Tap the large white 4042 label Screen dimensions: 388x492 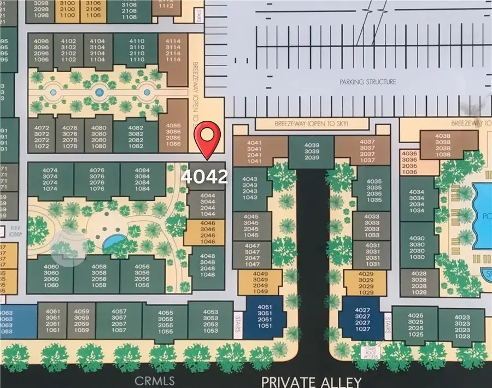(x=204, y=177)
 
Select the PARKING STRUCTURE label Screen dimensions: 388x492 (x=368, y=82)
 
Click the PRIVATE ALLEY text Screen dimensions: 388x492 (x=312, y=381)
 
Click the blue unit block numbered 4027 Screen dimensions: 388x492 (x=359, y=319)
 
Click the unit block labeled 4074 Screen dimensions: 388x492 (x=50, y=179)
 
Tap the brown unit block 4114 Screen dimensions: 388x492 (x=173, y=50)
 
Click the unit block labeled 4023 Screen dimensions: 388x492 (x=462, y=326)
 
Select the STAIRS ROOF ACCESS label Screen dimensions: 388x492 (x=376, y=351)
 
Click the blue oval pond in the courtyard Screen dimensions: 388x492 (x=113, y=240)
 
